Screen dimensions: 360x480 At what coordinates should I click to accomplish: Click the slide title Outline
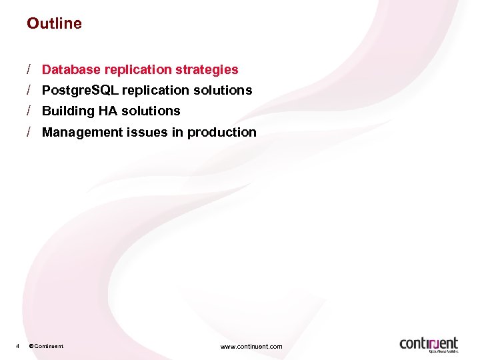(54, 23)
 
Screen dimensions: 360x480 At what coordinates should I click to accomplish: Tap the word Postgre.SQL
(75, 90)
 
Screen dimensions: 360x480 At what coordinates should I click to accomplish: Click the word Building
(65, 111)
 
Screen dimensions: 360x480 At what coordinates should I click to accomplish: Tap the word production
(221, 132)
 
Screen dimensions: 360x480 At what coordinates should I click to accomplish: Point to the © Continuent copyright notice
(46, 346)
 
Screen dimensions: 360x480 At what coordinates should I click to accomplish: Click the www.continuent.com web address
(251, 346)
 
